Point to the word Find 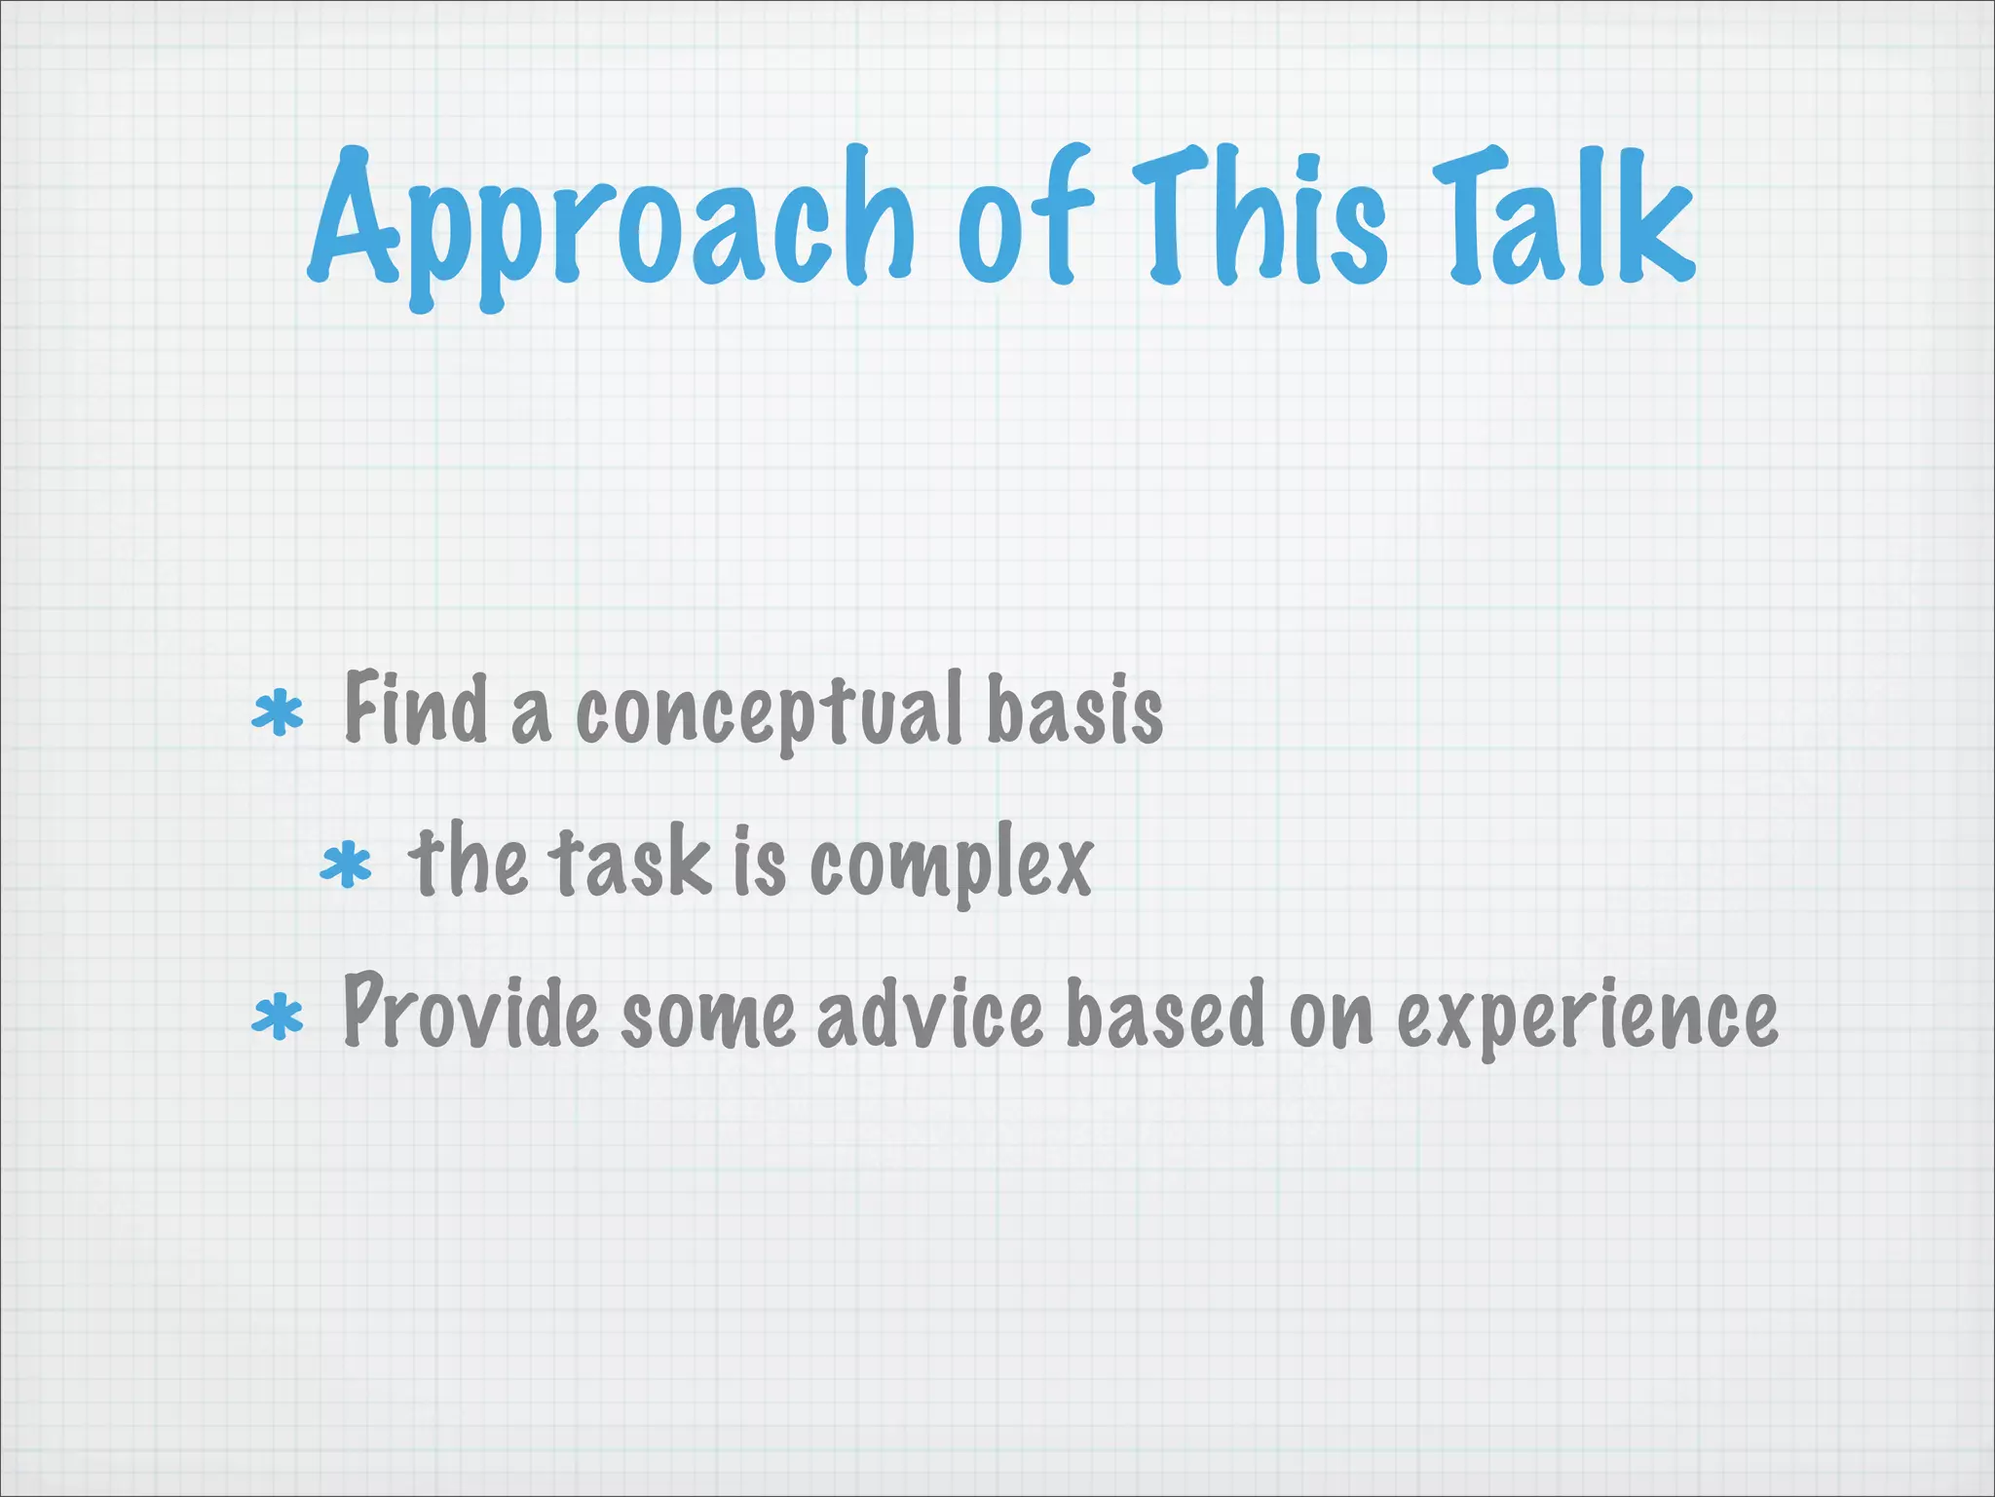pos(416,709)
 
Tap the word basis pos(1074,709)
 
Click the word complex pos(951,864)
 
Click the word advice pos(930,1016)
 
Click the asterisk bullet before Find pos(278,713)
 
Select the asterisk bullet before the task pos(346,866)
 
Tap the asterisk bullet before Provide pos(278,1018)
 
